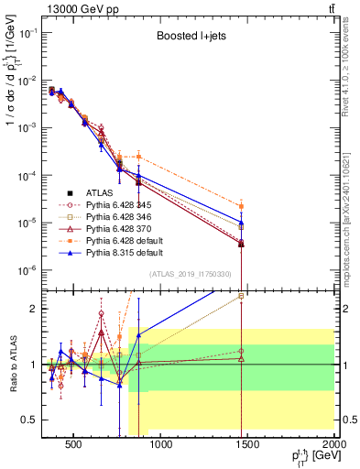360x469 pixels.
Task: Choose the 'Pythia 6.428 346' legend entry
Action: [115, 219]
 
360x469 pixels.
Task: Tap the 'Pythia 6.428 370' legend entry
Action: [115, 232]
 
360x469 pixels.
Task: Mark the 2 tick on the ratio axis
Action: [34, 309]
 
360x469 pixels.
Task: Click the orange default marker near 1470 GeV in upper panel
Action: [241, 207]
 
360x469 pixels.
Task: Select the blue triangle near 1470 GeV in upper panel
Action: [241, 223]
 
